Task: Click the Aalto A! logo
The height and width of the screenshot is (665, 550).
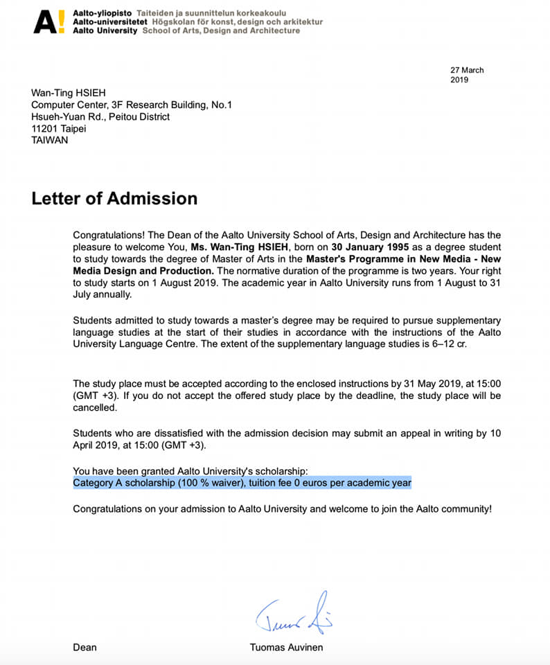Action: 50,21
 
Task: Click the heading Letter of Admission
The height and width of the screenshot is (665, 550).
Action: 114,199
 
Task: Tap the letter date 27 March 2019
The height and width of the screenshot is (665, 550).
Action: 467,75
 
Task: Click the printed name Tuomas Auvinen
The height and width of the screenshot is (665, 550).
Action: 286,648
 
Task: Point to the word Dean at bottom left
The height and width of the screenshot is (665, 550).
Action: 85,648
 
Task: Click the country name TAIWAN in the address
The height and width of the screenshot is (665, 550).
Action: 51,140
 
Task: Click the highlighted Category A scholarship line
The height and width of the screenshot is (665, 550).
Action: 242,483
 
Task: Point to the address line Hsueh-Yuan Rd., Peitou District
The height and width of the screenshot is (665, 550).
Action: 100,116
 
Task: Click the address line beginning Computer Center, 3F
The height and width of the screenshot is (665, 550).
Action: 132,105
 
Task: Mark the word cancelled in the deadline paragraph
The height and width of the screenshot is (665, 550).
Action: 95,408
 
